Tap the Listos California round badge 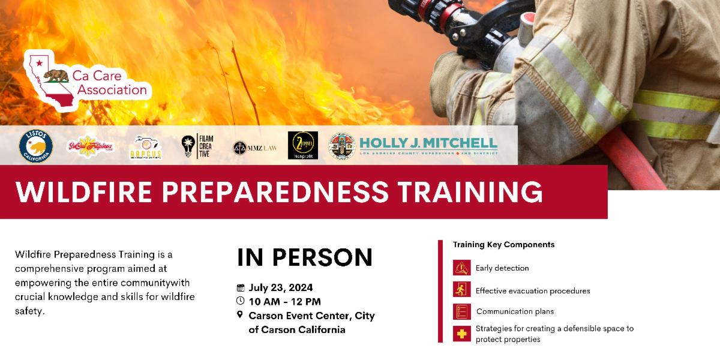click(36, 146)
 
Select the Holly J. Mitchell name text click(428, 143)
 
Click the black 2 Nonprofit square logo click(303, 146)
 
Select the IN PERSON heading click(305, 257)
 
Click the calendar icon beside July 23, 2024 click(241, 287)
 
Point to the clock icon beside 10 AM click(241, 301)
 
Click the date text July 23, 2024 click(281, 287)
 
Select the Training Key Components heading click(503, 245)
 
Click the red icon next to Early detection click(461, 268)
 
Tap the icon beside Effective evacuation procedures click(461, 290)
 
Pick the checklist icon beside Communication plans click(461, 311)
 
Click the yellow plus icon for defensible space click(461, 334)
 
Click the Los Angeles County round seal click(341, 146)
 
